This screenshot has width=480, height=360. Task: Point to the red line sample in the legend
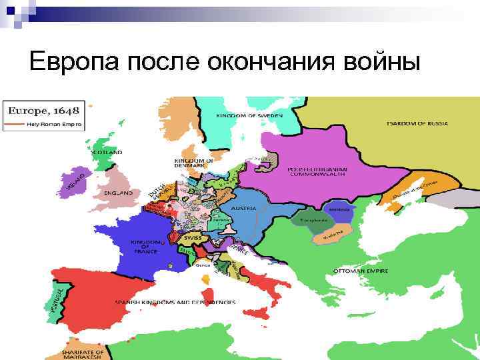[15, 124]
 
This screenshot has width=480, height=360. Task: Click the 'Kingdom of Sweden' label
[249, 116]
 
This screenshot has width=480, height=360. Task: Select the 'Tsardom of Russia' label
[417, 123]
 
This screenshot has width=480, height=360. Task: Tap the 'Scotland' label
[107, 153]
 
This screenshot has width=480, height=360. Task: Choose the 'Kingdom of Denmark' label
[194, 163]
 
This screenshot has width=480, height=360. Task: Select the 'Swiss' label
[193, 238]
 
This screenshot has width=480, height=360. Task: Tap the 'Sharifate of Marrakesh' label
[83, 353]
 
